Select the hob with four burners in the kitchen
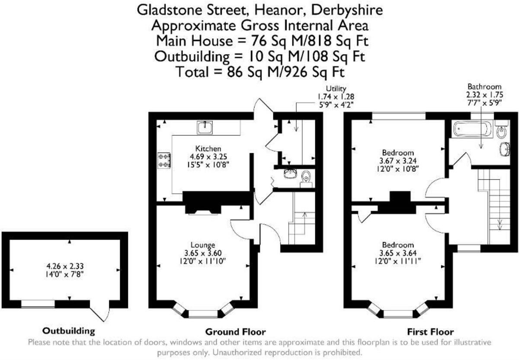point(164,160)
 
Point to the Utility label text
point(336,89)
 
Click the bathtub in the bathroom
point(472,129)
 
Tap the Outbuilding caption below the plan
point(68,331)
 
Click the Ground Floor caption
point(235,332)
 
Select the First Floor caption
point(430,332)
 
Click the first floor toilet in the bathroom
point(501,131)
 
